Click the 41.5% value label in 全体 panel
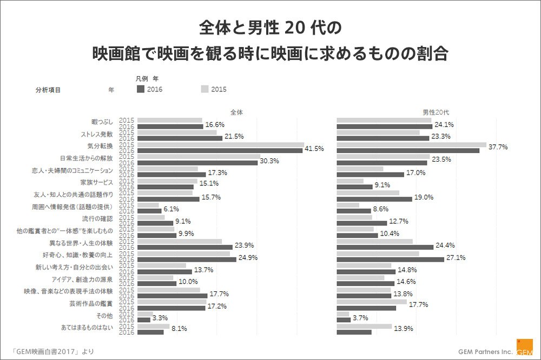tap(314, 148)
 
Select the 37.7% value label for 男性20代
tap(498, 146)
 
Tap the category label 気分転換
tap(100, 146)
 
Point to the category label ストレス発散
tap(97, 134)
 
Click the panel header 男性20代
tap(436, 112)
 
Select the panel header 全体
tap(236, 112)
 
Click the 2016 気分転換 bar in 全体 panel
tap(220, 150)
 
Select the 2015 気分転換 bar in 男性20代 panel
tap(411, 144)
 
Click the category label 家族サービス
tap(97, 182)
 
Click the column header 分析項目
tap(48, 90)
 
